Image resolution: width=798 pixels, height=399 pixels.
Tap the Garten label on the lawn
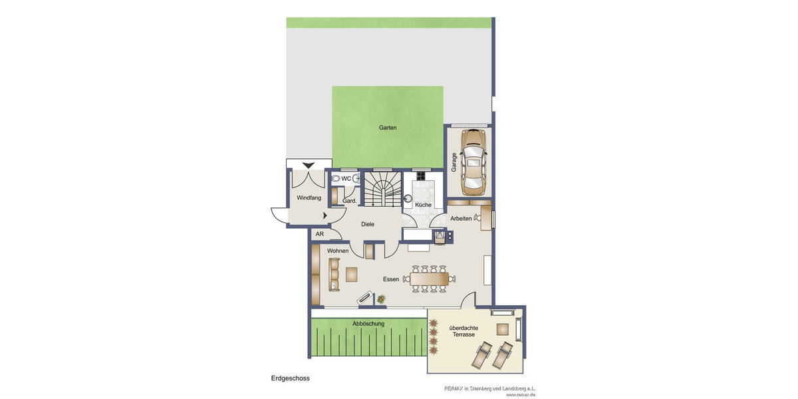click(x=388, y=128)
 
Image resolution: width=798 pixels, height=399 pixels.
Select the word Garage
click(x=454, y=163)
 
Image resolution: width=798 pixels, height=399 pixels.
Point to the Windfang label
click(x=309, y=198)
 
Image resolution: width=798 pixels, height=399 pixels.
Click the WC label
click(x=346, y=178)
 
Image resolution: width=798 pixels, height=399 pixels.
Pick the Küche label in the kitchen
click(x=423, y=205)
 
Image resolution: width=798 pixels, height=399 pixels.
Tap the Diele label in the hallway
click(x=368, y=224)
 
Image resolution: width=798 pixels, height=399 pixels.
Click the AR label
click(x=320, y=234)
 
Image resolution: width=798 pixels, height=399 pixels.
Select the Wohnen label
click(x=338, y=251)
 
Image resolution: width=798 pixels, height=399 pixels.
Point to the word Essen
click(x=391, y=279)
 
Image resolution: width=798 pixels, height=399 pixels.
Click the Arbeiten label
click(x=461, y=219)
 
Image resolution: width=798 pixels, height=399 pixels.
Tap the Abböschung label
click(x=368, y=324)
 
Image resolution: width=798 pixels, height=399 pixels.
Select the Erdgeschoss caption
click(x=291, y=378)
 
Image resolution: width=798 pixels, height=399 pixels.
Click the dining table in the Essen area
click(x=429, y=279)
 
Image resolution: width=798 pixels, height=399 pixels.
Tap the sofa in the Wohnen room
click(x=334, y=274)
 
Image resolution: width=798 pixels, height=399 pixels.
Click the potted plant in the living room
click(x=381, y=301)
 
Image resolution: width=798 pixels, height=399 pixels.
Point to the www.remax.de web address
click(x=521, y=394)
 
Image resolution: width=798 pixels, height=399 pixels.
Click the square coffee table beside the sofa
click(x=351, y=274)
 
